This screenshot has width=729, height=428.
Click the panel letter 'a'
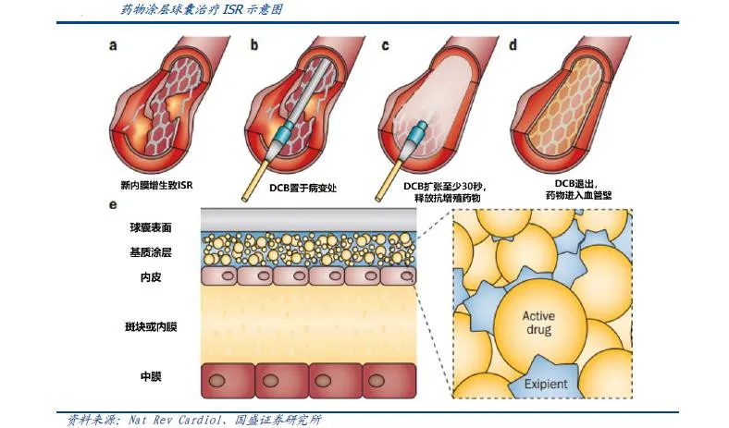point(113,45)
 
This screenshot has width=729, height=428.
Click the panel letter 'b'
point(254,44)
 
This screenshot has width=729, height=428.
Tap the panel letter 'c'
point(385,45)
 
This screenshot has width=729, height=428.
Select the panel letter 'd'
point(513,44)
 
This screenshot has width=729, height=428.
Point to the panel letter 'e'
point(113,204)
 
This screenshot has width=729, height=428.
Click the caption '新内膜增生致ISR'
point(156,185)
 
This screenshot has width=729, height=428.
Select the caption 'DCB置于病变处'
point(303,188)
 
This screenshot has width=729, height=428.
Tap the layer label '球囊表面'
point(151,227)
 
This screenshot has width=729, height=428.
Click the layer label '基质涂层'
point(151,252)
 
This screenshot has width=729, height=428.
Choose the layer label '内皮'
point(151,277)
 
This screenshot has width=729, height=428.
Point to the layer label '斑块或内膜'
point(151,327)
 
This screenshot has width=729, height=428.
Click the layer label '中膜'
point(151,376)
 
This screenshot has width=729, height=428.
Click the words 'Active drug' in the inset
point(538,323)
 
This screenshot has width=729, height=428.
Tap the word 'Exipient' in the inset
point(546,385)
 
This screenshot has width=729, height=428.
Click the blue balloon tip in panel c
point(418,131)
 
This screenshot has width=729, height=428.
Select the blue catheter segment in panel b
point(284,131)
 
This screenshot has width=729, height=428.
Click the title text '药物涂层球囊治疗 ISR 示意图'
point(201,9)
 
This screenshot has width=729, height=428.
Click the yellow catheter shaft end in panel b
point(245,199)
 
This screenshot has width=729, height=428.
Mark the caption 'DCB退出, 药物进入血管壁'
point(578,190)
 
